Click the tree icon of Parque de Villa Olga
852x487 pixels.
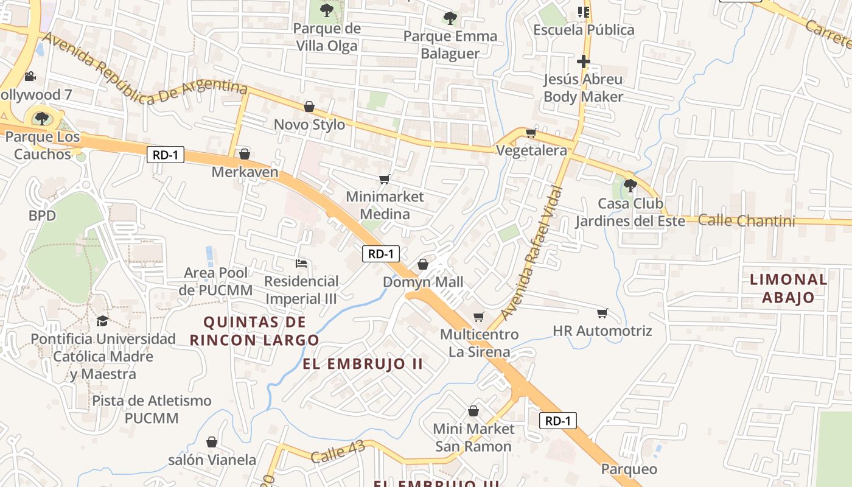pyautogui.click(x=327, y=9)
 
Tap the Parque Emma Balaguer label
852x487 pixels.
pyautogui.click(x=450, y=44)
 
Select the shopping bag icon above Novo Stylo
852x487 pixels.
pyautogui.click(x=309, y=107)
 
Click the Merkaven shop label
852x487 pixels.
pyautogui.click(x=245, y=172)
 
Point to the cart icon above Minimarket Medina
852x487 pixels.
pyautogui.click(x=384, y=179)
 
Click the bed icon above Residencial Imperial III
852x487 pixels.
pyautogui.click(x=301, y=264)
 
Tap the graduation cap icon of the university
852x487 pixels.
pyautogui.click(x=102, y=321)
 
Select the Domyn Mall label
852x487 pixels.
pyautogui.click(x=423, y=282)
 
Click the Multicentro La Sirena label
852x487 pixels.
pyautogui.click(x=479, y=343)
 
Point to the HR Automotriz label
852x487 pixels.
pyautogui.click(x=602, y=331)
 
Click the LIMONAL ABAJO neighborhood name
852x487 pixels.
pyautogui.click(x=788, y=289)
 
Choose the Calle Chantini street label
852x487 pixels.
pyautogui.click(x=746, y=220)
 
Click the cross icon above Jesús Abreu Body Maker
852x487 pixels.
pyautogui.click(x=583, y=61)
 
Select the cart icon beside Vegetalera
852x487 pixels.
pyautogui.click(x=531, y=133)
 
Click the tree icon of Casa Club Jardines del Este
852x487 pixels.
pyautogui.click(x=630, y=185)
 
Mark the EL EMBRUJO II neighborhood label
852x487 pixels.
pyautogui.click(x=363, y=365)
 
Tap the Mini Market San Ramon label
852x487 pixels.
pyautogui.click(x=473, y=438)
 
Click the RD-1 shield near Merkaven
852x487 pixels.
pyautogui.click(x=166, y=155)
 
